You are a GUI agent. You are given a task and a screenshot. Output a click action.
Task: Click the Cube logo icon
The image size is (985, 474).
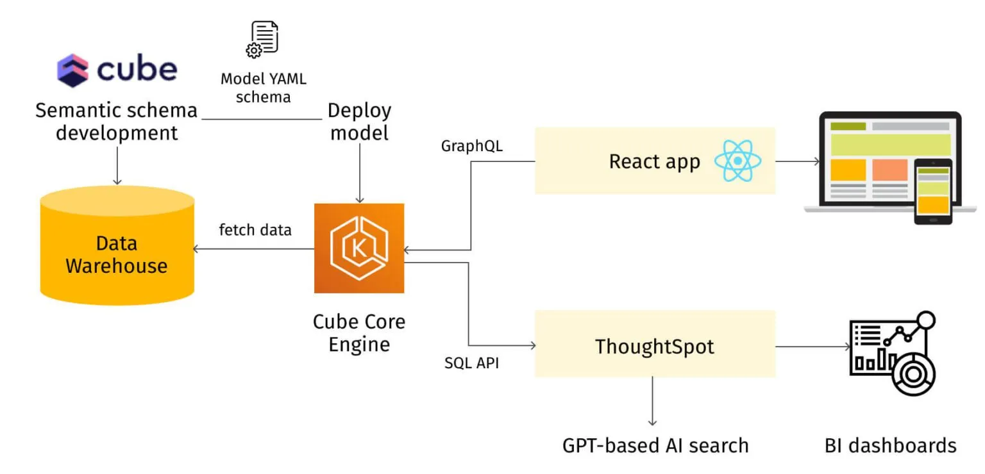point(72,70)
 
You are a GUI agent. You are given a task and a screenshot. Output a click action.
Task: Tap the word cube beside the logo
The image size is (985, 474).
point(137,69)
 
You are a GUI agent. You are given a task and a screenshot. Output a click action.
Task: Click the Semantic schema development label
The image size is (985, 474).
point(117,121)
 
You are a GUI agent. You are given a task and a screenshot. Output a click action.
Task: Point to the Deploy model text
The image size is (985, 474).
point(359,121)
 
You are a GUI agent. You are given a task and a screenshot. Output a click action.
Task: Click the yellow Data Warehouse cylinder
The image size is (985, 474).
point(117,250)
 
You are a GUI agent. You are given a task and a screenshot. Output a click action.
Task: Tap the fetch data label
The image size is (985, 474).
point(255,229)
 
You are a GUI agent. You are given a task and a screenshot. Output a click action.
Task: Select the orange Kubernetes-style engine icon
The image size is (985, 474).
point(359,248)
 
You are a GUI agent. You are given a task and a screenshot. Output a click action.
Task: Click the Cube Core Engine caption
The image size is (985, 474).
point(359,332)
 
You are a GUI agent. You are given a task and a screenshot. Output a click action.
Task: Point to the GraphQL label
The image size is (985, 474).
point(472,146)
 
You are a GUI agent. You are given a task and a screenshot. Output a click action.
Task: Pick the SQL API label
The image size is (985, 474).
point(472,363)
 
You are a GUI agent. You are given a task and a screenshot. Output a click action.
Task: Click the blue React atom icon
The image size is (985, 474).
point(738,160)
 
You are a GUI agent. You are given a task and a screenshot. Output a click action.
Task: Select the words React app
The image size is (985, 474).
point(654,161)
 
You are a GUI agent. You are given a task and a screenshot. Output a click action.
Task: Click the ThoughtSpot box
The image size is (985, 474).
point(655,347)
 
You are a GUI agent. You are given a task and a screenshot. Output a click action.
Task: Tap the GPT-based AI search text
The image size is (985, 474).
point(655,445)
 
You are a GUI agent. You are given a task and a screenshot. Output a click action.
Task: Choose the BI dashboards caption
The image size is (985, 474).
point(890,445)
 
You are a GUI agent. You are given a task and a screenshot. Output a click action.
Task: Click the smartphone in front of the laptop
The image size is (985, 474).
point(933,191)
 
